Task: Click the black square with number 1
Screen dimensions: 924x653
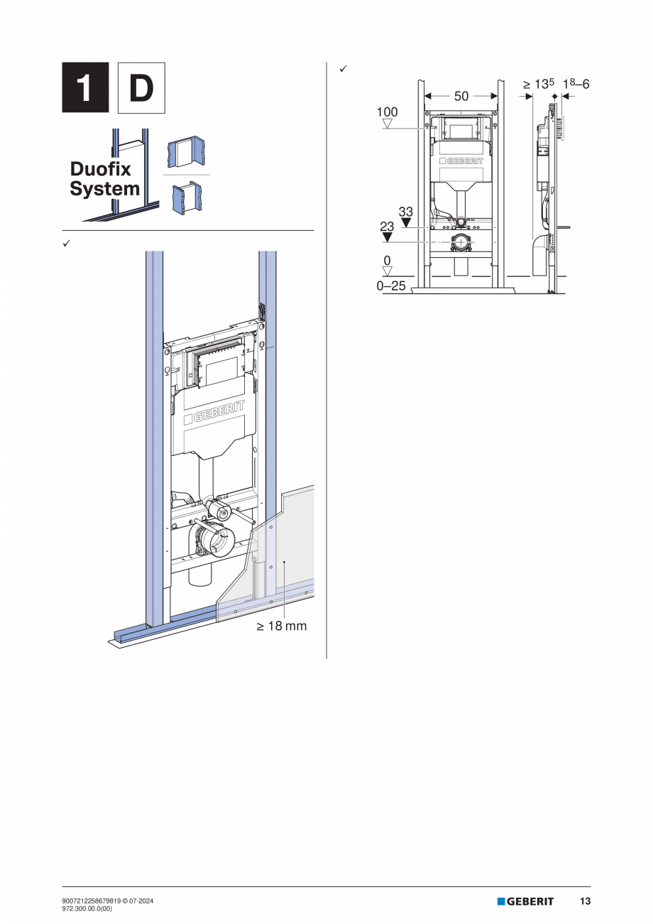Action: (85, 88)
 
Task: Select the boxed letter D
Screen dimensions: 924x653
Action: (141, 88)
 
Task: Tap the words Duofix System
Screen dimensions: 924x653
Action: (104, 179)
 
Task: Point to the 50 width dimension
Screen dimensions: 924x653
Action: (461, 96)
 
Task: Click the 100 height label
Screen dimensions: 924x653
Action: (387, 112)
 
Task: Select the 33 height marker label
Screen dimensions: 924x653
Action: (405, 212)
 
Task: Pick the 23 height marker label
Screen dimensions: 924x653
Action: (387, 227)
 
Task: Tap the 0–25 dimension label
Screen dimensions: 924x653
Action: (391, 286)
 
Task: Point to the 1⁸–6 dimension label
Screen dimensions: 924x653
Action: (576, 85)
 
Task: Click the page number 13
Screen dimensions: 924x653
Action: (585, 901)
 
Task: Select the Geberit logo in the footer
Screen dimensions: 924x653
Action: (525, 901)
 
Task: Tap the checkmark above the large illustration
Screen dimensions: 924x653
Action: (66, 244)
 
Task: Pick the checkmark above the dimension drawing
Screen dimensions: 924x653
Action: (342, 68)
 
